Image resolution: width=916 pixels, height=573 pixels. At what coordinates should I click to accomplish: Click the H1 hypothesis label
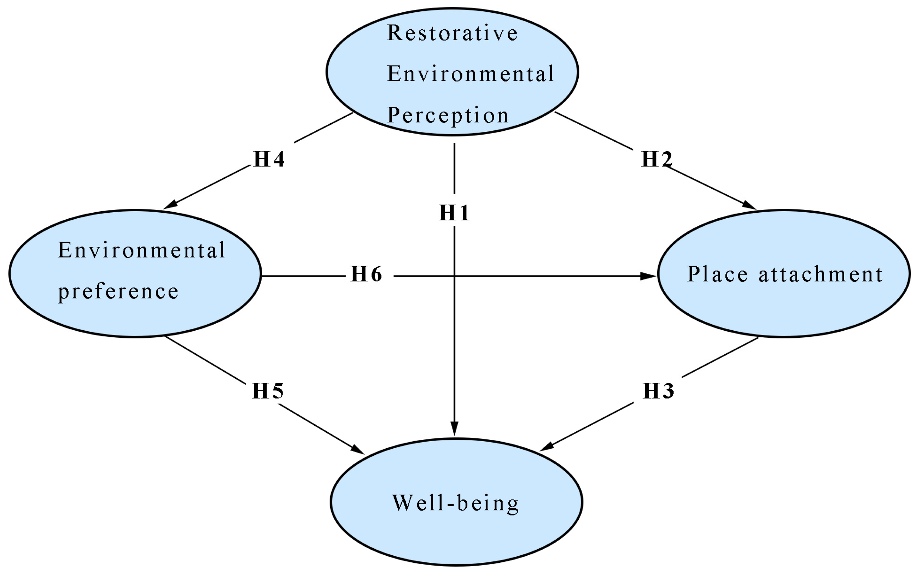(x=454, y=213)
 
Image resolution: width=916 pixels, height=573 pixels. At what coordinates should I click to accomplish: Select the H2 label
(x=656, y=159)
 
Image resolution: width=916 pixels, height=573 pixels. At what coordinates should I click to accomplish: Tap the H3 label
(x=658, y=391)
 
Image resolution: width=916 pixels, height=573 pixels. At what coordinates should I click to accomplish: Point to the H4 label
(x=269, y=159)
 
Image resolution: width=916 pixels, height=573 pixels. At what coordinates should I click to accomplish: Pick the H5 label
(x=267, y=391)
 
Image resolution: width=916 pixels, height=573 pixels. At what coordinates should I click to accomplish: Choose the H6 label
(x=366, y=274)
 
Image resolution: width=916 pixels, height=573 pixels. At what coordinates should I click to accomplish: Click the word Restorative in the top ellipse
(x=452, y=33)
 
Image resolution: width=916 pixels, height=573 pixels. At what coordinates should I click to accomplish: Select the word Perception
(x=447, y=115)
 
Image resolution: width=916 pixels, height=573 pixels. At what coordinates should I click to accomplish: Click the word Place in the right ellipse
(x=717, y=274)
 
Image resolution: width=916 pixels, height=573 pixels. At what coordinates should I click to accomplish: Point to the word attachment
(x=821, y=274)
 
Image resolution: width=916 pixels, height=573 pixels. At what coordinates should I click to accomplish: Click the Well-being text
(x=455, y=503)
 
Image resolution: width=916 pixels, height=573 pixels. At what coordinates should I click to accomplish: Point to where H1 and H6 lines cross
(x=454, y=276)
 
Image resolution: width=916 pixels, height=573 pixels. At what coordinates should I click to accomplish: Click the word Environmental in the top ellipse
(x=470, y=74)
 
